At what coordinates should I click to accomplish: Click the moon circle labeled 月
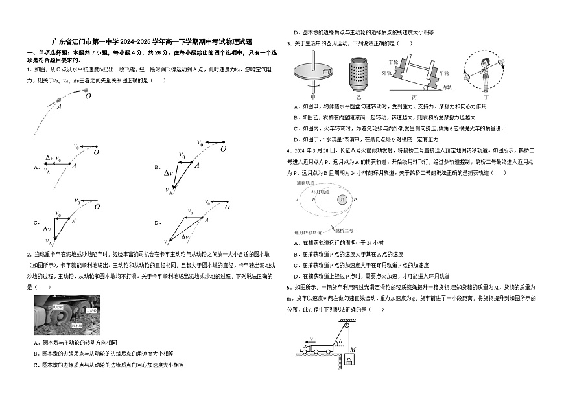342,199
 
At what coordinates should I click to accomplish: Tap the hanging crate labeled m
349,359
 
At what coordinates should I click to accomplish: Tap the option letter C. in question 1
36,222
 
